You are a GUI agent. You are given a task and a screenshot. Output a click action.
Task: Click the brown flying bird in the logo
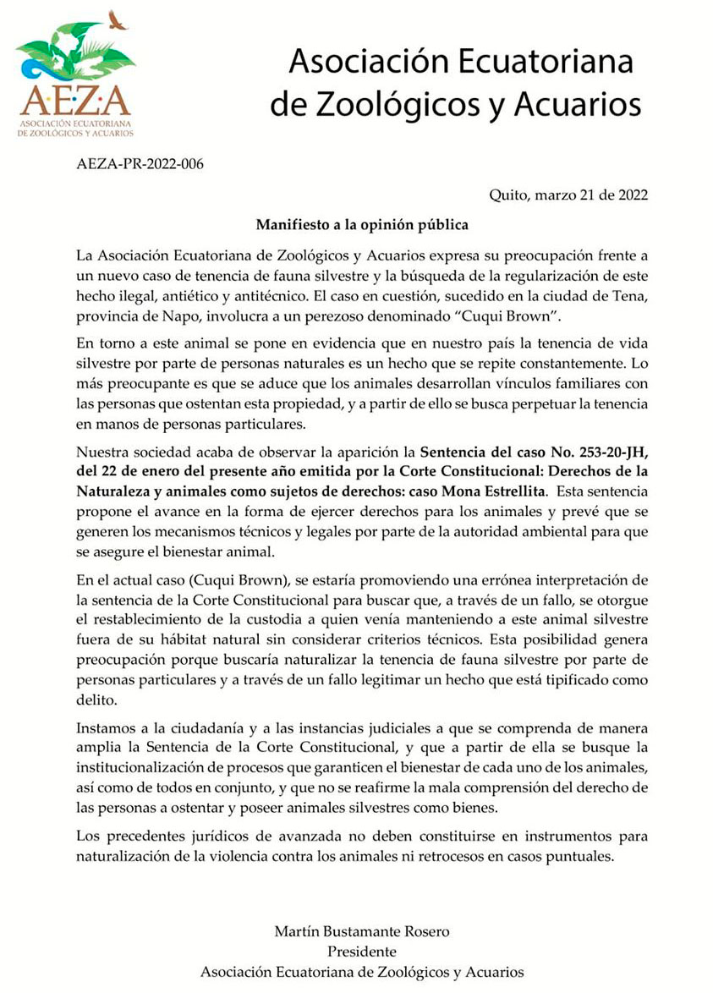click(118, 19)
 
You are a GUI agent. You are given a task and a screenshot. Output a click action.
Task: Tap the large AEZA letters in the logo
click(75, 101)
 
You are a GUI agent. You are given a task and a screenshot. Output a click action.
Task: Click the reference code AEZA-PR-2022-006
click(140, 163)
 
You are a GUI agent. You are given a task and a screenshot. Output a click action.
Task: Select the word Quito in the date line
click(508, 195)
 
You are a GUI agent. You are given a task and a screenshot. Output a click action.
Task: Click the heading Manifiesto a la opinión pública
click(362, 225)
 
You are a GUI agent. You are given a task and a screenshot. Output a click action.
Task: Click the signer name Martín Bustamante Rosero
click(362, 931)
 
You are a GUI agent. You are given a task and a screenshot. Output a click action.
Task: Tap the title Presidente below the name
click(362, 952)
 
